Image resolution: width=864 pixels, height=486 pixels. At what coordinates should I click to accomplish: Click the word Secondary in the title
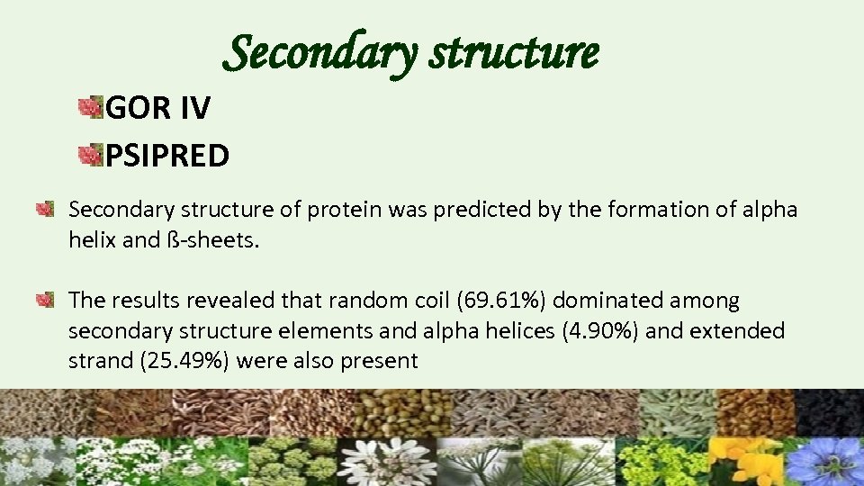click(x=319, y=52)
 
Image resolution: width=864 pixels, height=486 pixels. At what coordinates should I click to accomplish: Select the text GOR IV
click(x=158, y=109)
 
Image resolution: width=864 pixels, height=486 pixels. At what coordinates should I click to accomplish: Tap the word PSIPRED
click(x=167, y=156)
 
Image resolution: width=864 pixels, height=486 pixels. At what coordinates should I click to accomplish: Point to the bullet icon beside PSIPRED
click(x=90, y=156)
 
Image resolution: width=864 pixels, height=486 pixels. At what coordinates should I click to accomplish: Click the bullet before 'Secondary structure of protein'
click(x=45, y=210)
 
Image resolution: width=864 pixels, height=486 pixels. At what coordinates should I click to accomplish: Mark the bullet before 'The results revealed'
click(x=45, y=299)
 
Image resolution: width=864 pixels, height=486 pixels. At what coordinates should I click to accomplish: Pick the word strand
click(x=97, y=362)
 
